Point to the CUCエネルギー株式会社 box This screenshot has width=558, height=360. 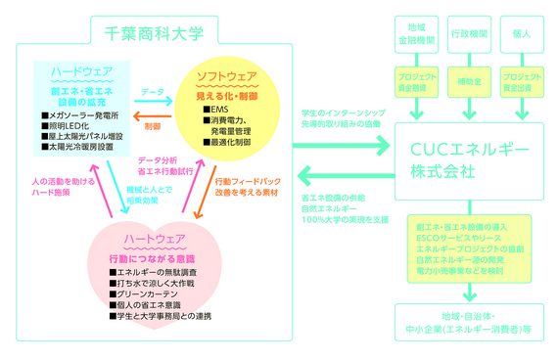469,158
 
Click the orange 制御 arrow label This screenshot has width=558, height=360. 151,126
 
